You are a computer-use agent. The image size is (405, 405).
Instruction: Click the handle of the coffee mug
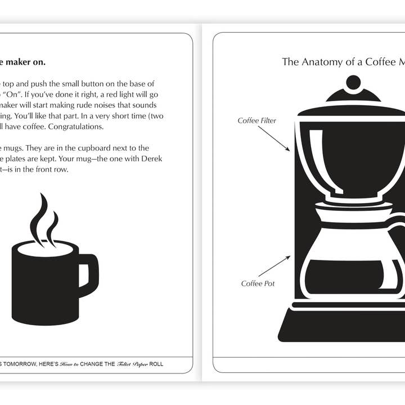pyautogui.click(x=89, y=275)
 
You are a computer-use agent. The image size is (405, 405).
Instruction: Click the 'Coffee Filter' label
pyautogui.click(x=256, y=120)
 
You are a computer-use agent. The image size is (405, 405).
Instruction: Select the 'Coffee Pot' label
pyautogui.click(x=258, y=283)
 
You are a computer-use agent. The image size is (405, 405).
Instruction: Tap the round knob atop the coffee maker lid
pyautogui.click(x=353, y=83)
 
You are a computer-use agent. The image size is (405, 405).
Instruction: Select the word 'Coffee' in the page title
pyautogui.click(x=381, y=62)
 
